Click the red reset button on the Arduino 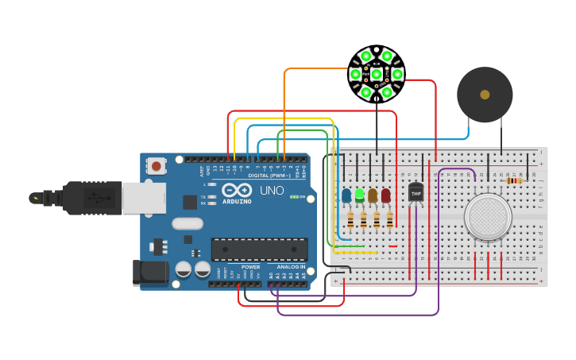[x=157, y=166]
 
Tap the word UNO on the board [x=272, y=191]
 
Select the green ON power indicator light [x=294, y=196]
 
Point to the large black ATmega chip [x=258, y=249]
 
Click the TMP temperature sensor [x=416, y=192]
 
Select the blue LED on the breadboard [x=346, y=195]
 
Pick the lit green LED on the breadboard [x=360, y=195]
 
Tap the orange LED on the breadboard [x=373, y=195]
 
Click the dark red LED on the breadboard [x=386, y=195]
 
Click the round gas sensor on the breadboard [x=487, y=215]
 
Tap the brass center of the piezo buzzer [x=485, y=95]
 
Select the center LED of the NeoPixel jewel [x=377, y=75]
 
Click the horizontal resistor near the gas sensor [x=515, y=180]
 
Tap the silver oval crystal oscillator [x=187, y=224]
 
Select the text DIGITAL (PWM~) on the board [x=265, y=175]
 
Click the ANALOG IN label [x=290, y=267]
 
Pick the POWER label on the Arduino [x=250, y=267]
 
